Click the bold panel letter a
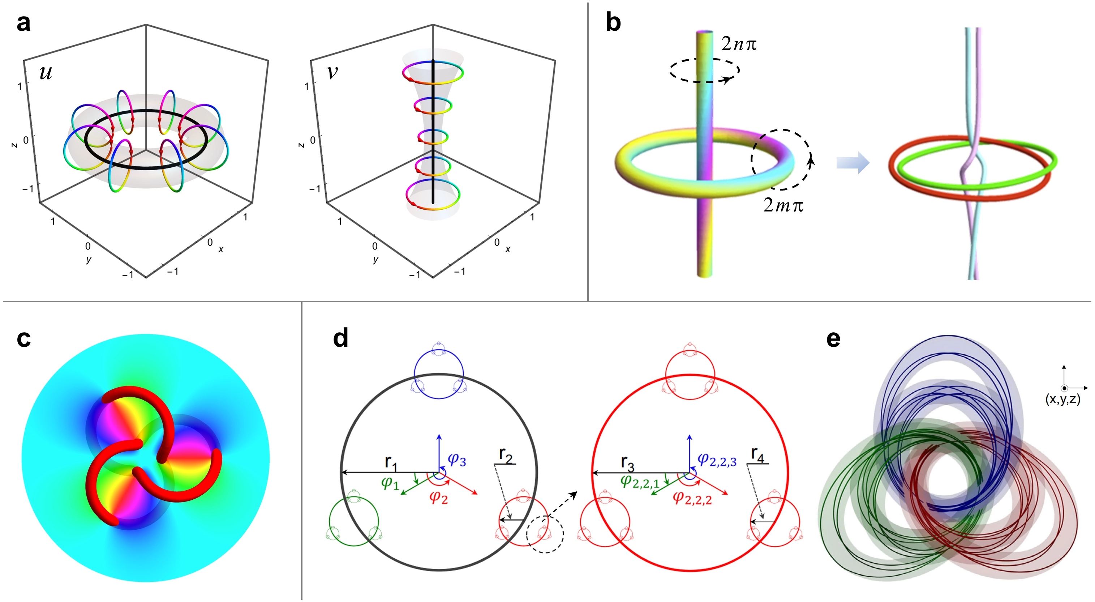click(24, 23)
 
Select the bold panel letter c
click(24, 339)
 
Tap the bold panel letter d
click(340, 338)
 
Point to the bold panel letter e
click(833, 339)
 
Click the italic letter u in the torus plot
click(46, 72)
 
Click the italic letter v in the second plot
click(332, 72)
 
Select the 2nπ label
click(739, 44)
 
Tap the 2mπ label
click(783, 205)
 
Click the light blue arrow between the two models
click(853, 163)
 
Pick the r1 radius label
click(391, 462)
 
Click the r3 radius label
click(628, 462)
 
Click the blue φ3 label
click(457, 460)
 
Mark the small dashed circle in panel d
click(545, 534)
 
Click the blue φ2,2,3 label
click(717, 460)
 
